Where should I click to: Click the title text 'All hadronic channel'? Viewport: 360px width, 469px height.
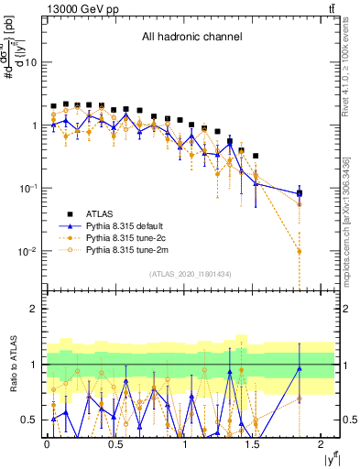click(191, 37)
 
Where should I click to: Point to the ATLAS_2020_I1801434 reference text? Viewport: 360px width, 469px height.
click(191, 274)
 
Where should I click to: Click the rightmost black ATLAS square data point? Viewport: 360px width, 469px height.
click(300, 193)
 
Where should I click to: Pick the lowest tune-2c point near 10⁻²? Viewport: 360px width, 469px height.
click(300, 251)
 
